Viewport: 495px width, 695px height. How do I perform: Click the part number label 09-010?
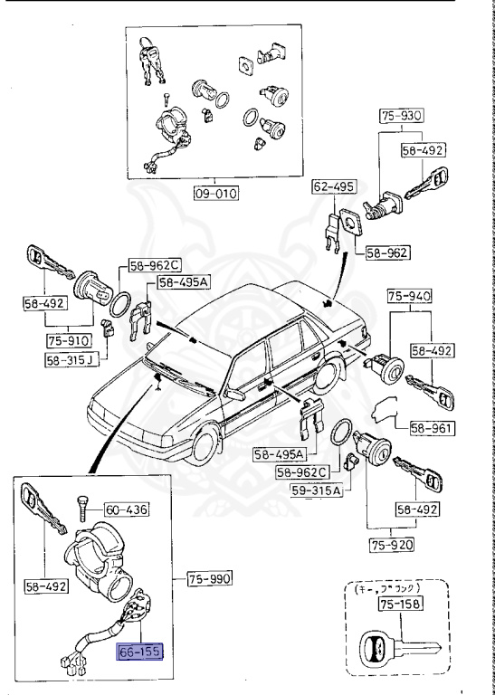pyautogui.click(x=214, y=193)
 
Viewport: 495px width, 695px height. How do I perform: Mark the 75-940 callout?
pyautogui.click(x=411, y=295)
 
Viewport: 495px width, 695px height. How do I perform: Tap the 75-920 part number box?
pyautogui.click(x=392, y=544)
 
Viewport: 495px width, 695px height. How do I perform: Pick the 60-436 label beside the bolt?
pyautogui.click(x=128, y=509)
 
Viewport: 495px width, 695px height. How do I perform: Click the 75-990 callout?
pyautogui.click(x=211, y=576)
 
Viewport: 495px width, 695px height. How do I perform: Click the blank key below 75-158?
pyautogui.click(x=395, y=651)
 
